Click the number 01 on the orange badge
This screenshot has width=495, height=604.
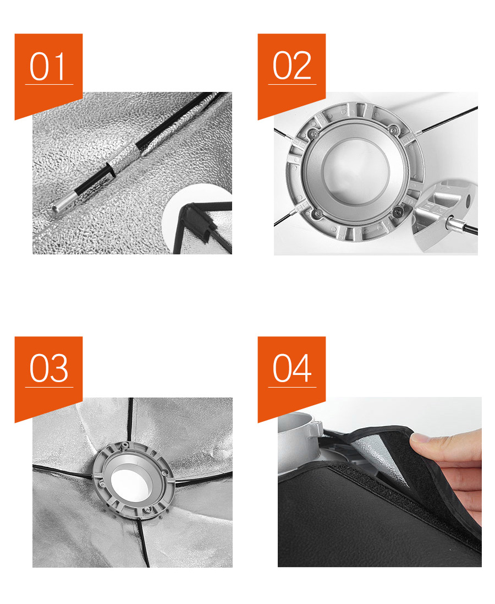(47, 66)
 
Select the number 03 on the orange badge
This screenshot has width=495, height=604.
(49, 368)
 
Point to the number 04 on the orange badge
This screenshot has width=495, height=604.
(291, 368)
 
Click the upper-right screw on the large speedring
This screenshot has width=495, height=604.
(392, 130)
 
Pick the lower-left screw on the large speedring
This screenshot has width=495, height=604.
(316, 214)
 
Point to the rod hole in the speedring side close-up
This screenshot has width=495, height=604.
(468, 201)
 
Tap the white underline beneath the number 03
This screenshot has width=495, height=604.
(49, 387)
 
